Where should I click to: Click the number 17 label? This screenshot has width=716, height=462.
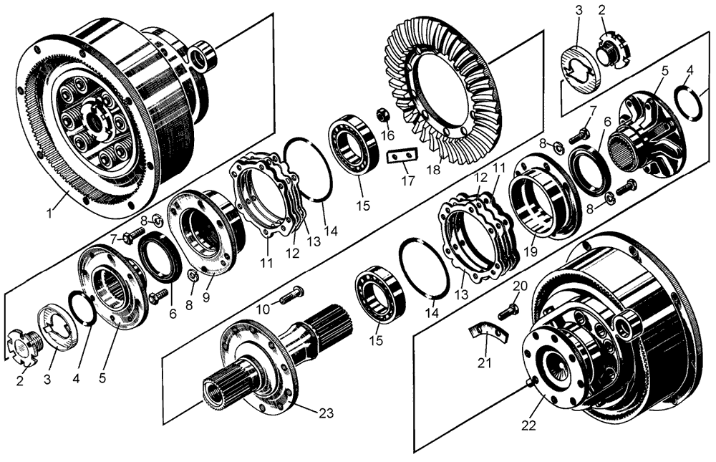pos(407,181)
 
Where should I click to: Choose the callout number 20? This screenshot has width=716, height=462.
pos(521,286)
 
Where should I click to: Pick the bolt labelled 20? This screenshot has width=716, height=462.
pos(508,309)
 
